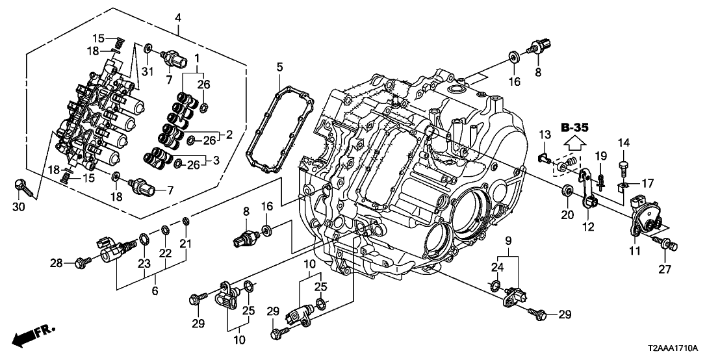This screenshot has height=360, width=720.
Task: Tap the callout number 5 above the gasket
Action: pyautogui.click(x=279, y=67)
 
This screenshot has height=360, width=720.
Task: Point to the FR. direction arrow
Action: pyautogui.click(x=33, y=336)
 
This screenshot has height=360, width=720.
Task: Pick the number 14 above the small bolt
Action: pyautogui.click(x=624, y=143)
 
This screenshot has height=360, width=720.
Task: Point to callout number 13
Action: pyautogui.click(x=544, y=134)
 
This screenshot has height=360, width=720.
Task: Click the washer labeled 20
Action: pyautogui.click(x=566, y=190)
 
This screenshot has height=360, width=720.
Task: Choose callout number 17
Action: pyautogui.click(x=647, y=183)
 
